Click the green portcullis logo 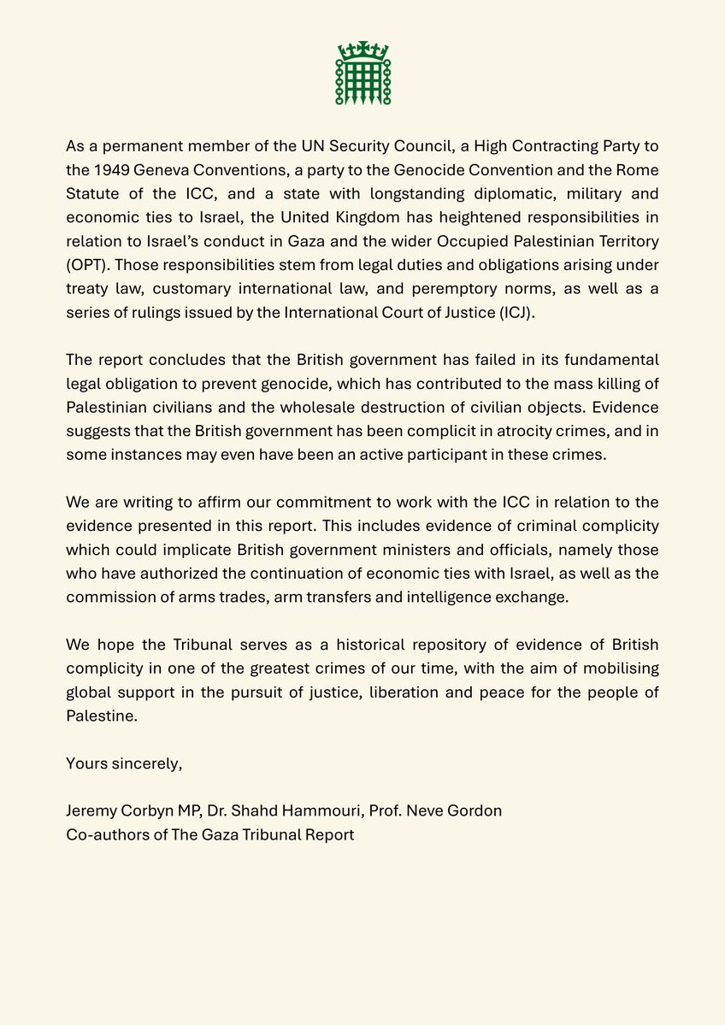point(362,74)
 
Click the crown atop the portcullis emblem point(362,49)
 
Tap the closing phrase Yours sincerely point(124,763)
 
